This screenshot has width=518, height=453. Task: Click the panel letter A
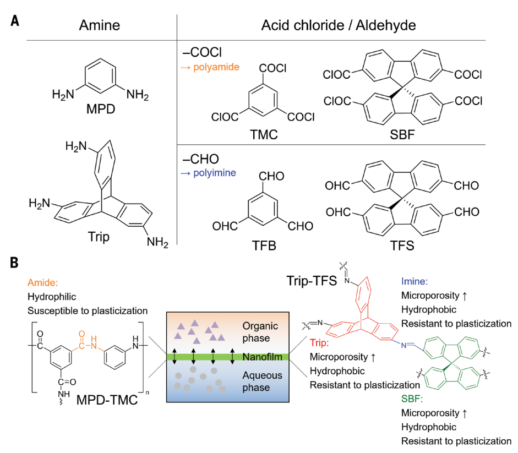15,21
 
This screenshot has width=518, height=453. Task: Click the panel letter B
14,263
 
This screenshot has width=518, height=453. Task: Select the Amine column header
100,25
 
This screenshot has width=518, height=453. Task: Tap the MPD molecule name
101,108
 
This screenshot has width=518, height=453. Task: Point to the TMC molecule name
264,134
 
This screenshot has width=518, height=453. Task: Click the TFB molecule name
264,245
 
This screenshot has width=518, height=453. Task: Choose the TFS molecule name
402,245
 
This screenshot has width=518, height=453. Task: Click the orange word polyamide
216,67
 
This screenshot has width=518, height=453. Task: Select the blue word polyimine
214,173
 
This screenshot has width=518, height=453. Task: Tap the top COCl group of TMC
272,68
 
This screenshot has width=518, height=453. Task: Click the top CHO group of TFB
271,176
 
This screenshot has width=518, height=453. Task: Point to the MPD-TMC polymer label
107,400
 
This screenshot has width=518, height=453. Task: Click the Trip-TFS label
312,281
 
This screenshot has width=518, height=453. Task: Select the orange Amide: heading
42,282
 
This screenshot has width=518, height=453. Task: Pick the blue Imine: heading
415,281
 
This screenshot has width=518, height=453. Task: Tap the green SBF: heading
412,399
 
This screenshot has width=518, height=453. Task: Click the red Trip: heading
319,343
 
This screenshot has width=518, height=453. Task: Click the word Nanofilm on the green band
263,357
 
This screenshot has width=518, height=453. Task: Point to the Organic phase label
260,332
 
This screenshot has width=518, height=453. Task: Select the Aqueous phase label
263,381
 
